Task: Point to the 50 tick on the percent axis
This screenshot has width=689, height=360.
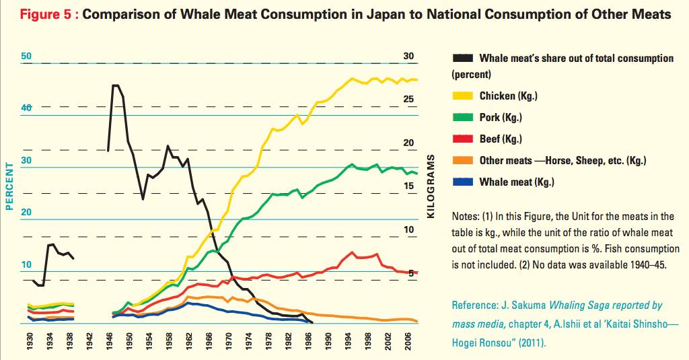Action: (27, 57)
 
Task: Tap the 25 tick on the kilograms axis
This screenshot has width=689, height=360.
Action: (408, 99)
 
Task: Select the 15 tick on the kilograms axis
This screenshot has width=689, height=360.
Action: (408, 186)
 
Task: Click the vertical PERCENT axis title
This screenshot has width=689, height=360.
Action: (10, 186)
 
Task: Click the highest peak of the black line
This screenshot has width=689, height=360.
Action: (114, 85)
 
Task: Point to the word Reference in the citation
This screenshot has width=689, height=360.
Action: (474, 305)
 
